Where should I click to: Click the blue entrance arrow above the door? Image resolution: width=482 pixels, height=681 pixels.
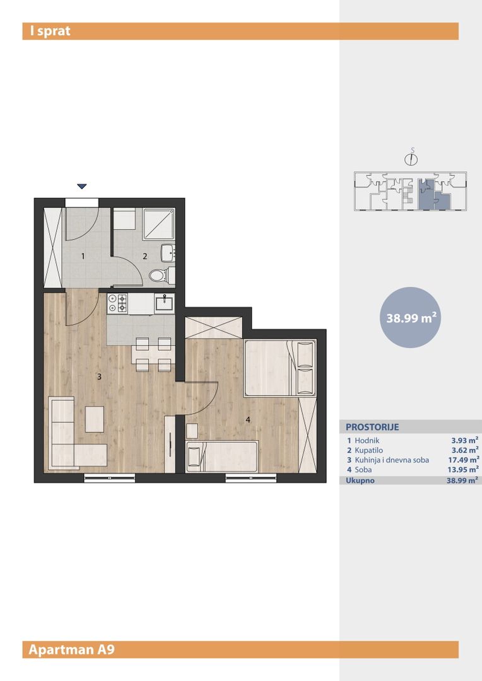click(x=82, y=186)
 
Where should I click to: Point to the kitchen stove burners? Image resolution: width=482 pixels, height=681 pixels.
click(x=118, y=303)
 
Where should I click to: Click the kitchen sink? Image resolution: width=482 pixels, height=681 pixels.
click(x=165, y=302)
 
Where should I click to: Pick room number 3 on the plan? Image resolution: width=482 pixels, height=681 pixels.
click(x=99, y=376)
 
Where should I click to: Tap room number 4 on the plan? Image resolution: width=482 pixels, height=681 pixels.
click(x=248, y=420)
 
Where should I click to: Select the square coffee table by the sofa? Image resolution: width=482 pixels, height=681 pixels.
click(x=94, y=419)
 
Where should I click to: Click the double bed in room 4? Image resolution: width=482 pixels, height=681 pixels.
click(x=280, y=368)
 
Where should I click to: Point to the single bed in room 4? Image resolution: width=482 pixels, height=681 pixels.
click(x=222, y=457)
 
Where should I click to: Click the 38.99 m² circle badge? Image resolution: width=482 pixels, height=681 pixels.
click(x=411, y=317)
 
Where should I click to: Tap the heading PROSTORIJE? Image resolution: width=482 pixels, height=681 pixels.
click(x=372, y=427)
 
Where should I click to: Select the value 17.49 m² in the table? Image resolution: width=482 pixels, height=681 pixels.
click(x=463, y=460)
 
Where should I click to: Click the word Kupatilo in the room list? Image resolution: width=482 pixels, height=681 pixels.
click(x=368, y=450)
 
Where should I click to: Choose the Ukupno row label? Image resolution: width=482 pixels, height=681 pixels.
click(x=360, y=480)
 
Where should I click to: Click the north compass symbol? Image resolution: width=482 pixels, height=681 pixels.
click(x=411, y=158)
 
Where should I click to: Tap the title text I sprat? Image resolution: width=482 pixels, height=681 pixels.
click(x=50, y=32)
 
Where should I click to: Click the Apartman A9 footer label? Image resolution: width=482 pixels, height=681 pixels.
click(x=72, y=649)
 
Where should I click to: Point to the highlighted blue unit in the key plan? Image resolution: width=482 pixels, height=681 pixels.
click(x=432, y=195)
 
